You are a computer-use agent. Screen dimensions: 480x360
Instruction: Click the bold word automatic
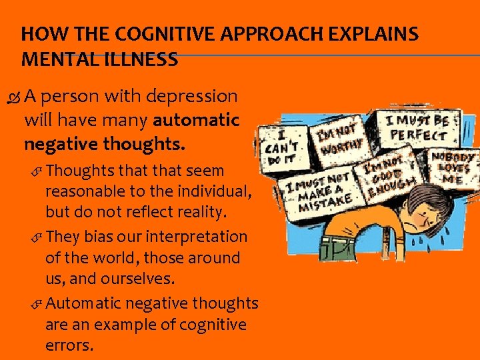(195, 120)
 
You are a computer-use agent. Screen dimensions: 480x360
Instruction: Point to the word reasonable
(79, 191)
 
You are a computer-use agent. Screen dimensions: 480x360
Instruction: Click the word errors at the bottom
(69, 346)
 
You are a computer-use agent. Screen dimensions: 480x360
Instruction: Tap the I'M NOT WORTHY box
(340, 137)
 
